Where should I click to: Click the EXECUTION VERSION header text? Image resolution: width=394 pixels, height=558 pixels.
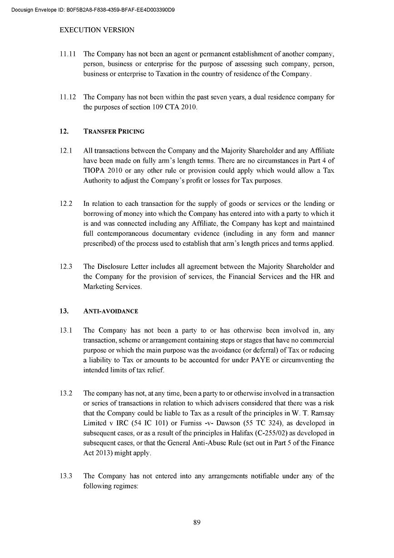[x=97, y=30]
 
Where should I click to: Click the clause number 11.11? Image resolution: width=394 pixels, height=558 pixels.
[x=67, y=54]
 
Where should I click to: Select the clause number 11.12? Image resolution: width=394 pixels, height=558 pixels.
[x=67, y=97]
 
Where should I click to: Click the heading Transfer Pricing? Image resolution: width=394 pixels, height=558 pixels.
[x=114, y=131]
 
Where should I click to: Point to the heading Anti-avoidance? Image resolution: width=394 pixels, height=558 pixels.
[x=111, y=311]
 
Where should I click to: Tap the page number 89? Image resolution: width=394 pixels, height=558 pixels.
[x=197, y=522]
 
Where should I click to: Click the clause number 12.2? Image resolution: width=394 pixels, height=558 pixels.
[x=66, y=204]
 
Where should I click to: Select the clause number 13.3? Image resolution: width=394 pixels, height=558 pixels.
[x=66, y=476]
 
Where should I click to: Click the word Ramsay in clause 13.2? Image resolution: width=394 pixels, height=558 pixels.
[x=319, y=413]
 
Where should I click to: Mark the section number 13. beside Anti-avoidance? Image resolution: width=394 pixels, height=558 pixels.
[x=64, y=311]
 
